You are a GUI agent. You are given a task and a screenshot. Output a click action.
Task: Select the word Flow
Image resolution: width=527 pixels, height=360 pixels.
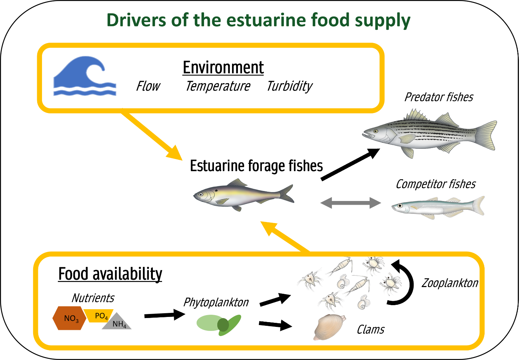click(148, 86)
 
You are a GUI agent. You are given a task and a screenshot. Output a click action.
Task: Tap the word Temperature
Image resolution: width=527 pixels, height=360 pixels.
click(218, 86)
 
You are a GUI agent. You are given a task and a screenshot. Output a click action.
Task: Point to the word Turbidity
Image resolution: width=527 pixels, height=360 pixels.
click(289, 86)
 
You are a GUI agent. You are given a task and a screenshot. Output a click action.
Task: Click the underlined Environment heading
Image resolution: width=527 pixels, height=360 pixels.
click(223, 68)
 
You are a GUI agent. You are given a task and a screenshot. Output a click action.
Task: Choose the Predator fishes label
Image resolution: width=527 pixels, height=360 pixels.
click(439, 97)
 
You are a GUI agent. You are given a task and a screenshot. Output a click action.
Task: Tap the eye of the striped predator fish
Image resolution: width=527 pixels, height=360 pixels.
click(376, 131)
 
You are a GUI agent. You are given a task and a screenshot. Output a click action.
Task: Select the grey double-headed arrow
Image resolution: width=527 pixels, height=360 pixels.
click(351, 202)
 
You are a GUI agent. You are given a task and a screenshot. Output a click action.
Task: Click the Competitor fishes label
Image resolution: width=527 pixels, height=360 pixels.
click(436, 184)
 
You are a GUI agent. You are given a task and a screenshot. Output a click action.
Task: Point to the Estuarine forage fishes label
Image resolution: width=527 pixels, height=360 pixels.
click(256, 166)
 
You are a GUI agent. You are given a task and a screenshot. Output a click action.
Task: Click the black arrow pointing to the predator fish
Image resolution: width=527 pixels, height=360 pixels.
click(350, 164)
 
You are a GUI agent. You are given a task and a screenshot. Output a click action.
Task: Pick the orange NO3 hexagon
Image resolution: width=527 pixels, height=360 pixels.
click(70, 318)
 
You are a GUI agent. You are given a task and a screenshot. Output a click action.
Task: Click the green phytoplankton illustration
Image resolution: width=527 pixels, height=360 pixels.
click(219, 324)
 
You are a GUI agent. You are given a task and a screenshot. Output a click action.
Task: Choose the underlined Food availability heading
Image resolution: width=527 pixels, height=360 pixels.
click(110, 274)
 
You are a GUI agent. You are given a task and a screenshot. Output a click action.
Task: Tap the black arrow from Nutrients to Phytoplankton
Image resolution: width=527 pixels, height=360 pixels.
click(164, 315)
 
